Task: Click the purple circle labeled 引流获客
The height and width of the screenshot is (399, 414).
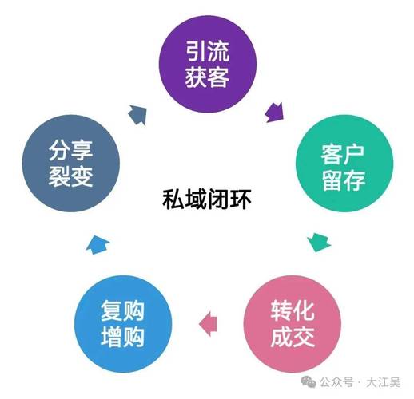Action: click(x=208, y=64)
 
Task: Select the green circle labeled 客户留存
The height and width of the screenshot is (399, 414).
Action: click(x=344, y=164)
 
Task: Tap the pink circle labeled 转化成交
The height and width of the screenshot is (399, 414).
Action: click(x=293, y=324)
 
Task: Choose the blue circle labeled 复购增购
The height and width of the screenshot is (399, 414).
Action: click(x=123, y=324)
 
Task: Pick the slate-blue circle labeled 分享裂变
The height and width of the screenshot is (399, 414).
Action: click(x=71, y=164)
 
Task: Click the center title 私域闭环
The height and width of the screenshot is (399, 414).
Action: click(x=207, y=199)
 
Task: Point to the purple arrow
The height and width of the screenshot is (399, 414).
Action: click(x=274, y=113)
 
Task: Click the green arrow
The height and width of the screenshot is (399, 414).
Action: click(x=319, y=242)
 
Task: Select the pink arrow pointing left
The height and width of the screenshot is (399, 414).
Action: click(x=208, y=324)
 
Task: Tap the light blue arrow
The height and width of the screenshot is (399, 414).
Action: click(x=98, y=245)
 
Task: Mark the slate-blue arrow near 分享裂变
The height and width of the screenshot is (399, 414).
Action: click(x=137, y=115)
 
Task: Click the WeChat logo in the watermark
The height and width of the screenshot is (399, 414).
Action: click(x=309, y=382)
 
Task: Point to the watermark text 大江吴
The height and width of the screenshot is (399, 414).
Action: click(x=383, y=382)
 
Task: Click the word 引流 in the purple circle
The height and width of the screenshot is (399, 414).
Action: click(x=207, y=51)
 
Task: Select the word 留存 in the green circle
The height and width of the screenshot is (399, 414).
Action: click(x=344, y=180)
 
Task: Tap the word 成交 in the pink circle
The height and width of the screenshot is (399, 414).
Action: click(x=293, y=337)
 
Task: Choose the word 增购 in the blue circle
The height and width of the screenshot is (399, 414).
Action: click(x=122, y=337)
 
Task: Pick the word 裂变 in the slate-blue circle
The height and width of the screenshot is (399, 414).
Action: click(x=70, y=176)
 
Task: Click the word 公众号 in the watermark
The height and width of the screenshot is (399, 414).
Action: click(x=336, y=382)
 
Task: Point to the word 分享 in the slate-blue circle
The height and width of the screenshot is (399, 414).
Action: click(x=70, y=151)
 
